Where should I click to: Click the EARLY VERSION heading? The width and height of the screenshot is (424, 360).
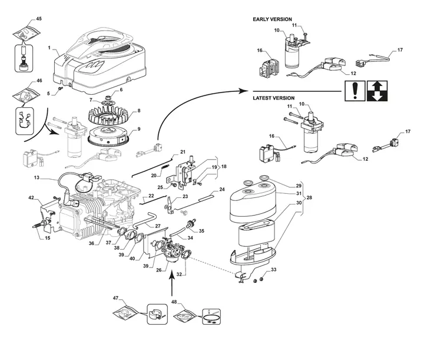(x=272, y=19)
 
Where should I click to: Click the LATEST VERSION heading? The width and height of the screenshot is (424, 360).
(x=274, y=98)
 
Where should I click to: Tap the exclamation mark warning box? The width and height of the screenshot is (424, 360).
(x=355, y=91)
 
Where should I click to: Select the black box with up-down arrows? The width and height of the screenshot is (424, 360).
(x=377, y=91)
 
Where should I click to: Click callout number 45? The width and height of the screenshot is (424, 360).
(x=39, y=19)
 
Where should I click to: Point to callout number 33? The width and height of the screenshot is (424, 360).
(x=274, y=270)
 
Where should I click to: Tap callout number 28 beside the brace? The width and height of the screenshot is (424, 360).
(x=309, y=197)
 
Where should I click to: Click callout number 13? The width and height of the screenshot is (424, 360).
(x=37, y=178)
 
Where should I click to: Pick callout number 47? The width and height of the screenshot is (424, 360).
(x=115, y=298)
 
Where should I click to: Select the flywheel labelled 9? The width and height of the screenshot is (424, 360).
(x=108, y=137)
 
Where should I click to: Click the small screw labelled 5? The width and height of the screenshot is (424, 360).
(x=61, y=88)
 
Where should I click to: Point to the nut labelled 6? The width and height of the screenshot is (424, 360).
(x=110, y=97)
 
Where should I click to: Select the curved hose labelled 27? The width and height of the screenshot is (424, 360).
(x=145, y=219)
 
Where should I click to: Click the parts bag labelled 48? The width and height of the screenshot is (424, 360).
(x=185, y=315)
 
